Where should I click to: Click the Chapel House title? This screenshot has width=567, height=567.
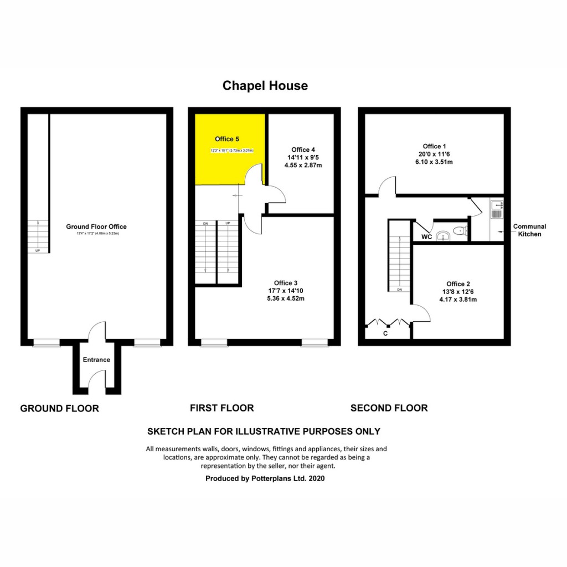coord(265,86)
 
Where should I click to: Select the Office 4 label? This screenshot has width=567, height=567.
coord(303,150)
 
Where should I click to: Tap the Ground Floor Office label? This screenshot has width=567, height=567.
coord(96,226)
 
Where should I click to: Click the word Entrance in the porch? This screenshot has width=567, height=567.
coord(96,360)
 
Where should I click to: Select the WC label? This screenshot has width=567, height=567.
coord(426,237)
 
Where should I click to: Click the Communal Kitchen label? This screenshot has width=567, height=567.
coord(529,230)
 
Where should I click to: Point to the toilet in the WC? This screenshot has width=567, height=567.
coord(459,231)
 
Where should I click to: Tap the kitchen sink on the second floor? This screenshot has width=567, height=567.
coord(496,208)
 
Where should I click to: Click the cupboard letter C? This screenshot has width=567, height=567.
coord(385,333)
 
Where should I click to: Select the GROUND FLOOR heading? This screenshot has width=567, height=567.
coord(59,409)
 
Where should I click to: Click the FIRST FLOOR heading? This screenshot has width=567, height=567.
coord(221,408)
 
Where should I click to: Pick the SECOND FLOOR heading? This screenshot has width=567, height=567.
coord(389,408)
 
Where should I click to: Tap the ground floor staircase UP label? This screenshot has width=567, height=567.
coord(38,250)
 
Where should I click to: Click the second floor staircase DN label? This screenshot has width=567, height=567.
coord(399,290)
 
